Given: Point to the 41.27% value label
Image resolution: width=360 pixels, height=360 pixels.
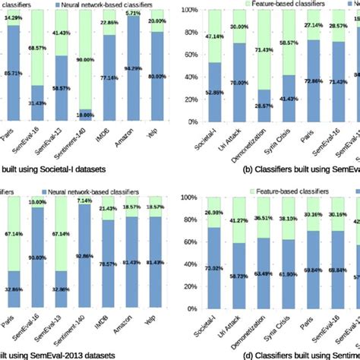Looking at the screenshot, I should tap(241, 219).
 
